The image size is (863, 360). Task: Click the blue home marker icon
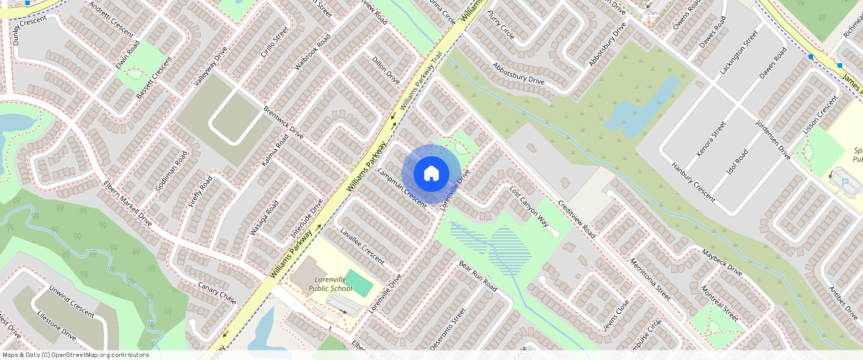[431, 174]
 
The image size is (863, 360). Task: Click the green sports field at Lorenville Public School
[359, 283]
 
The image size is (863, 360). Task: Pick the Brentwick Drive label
[283, 123]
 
